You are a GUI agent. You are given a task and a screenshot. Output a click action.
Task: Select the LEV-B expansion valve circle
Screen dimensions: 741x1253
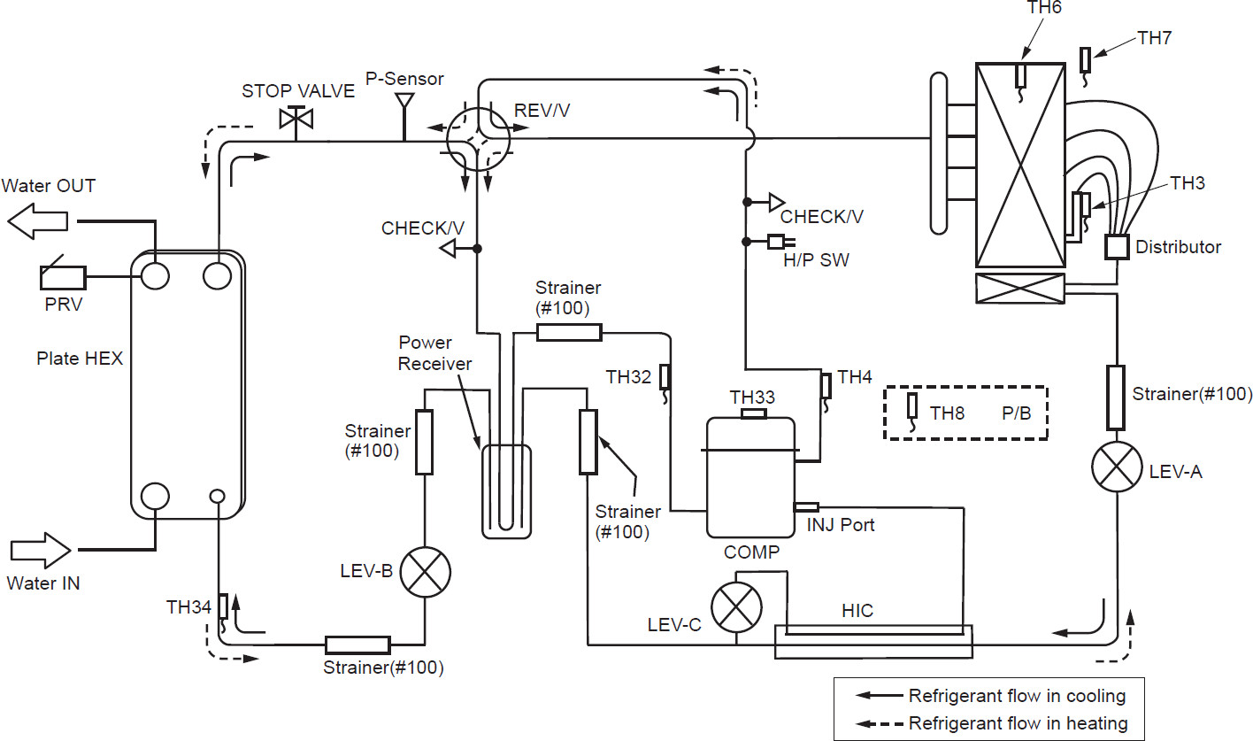(x=426, y=571)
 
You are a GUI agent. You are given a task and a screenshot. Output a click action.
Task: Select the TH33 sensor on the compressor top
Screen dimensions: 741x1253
(x=753, y=413)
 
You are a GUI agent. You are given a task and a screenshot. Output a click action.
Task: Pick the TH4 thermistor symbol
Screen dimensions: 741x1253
(x=826, y=387)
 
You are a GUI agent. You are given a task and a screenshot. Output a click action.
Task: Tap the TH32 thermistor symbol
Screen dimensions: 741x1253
(x=665, y=377)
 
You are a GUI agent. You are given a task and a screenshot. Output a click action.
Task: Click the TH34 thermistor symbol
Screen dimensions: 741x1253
(x=223, y=607)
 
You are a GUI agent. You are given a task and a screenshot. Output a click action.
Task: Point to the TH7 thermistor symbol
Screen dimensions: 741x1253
(x=1086, y=60)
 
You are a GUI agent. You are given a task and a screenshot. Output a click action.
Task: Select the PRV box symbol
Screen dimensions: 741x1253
(x=63, y=278)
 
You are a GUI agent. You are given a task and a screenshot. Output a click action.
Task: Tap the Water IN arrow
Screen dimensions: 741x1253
(x=40, y=551)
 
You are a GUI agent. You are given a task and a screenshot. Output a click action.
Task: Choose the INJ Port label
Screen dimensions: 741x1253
(x=840, y=525)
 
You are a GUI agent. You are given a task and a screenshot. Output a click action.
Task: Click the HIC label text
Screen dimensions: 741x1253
(x=857, y=611)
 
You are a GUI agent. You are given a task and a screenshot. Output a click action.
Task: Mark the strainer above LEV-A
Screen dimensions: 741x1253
(x=1116, y=398)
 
